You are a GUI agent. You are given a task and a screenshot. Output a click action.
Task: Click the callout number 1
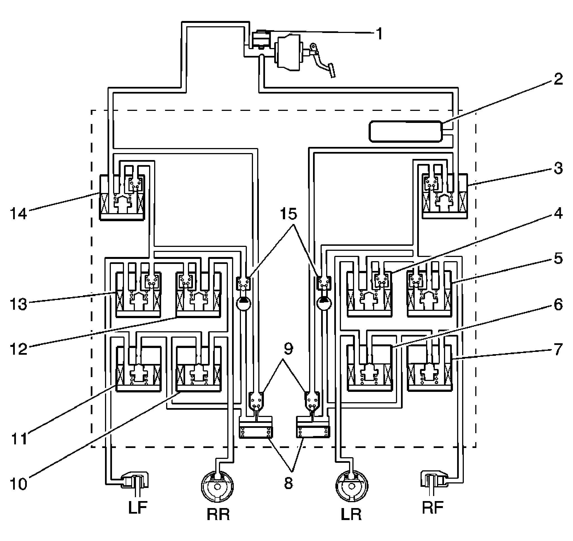point(379,34)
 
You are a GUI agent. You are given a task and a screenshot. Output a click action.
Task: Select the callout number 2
point(558,79)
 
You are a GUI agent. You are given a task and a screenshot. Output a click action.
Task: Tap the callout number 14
point(19,214)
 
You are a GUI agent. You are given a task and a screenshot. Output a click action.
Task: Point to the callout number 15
point(288,214)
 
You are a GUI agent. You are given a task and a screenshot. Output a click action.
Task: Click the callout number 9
point(288,349)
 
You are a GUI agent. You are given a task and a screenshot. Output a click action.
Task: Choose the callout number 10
point(19,484)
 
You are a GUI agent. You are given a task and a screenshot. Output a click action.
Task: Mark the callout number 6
point(558,305)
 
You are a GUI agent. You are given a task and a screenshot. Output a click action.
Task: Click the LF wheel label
point(138,507)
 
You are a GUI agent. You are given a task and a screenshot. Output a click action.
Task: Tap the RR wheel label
point(218,514)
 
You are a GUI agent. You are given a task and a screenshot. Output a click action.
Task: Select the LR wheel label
point(351,514)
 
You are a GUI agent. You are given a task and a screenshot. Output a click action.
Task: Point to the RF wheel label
point(433,507)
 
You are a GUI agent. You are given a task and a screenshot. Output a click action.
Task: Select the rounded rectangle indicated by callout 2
point(405,132)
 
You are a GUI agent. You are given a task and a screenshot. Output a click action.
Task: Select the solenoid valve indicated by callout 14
point(122,197)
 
